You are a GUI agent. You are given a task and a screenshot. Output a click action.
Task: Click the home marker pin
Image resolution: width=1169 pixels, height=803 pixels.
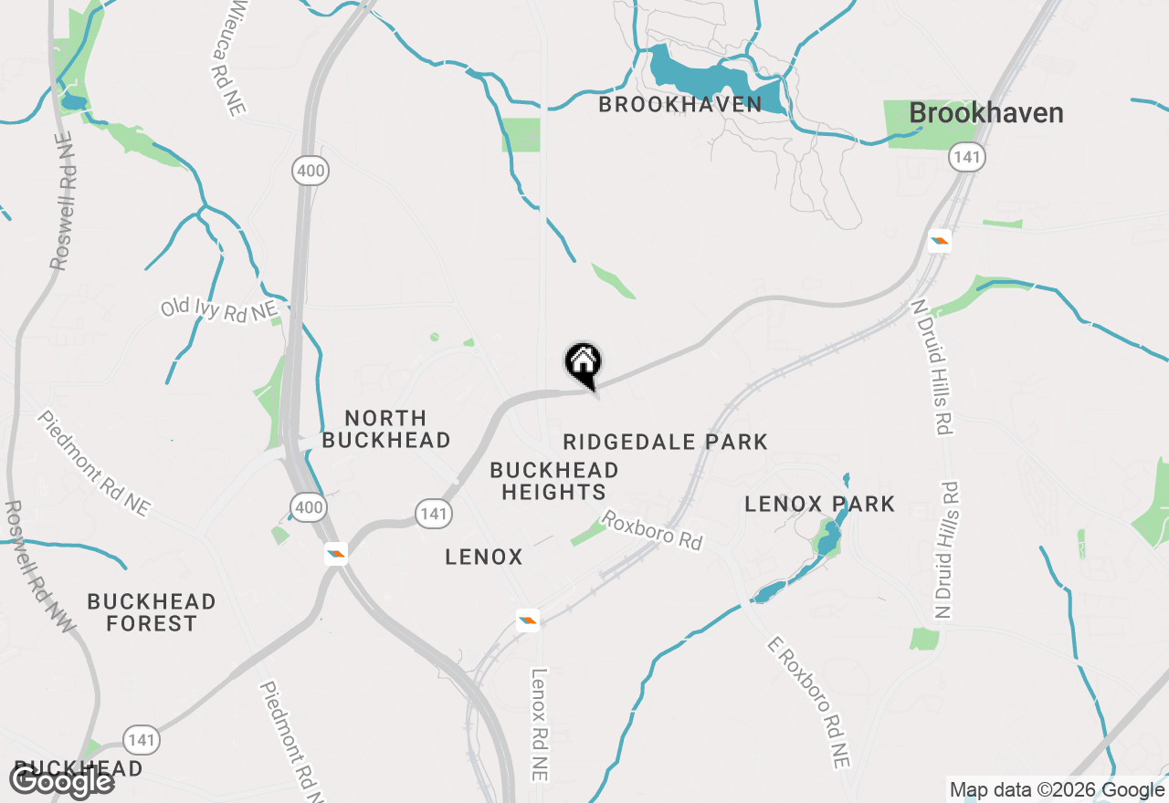tap(583, 364)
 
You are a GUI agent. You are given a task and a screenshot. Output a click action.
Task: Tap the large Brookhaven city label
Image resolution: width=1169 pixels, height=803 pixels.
tap(986, 113)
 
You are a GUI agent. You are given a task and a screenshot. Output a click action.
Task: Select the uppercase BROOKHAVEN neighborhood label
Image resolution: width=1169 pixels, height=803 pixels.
tap(679, 104)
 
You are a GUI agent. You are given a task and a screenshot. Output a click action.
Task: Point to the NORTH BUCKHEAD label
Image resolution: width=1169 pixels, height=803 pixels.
tap(386, 429)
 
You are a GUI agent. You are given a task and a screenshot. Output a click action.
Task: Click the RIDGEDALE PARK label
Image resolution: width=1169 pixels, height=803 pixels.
tap(665, 443)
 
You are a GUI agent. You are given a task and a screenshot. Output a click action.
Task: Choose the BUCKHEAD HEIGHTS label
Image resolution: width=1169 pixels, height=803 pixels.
tap(553, 481)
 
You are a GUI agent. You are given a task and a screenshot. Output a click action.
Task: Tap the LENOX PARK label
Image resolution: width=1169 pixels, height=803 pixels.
tap(819, 504)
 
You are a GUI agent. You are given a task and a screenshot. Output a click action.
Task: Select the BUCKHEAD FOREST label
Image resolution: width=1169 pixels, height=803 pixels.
tap(152, 612)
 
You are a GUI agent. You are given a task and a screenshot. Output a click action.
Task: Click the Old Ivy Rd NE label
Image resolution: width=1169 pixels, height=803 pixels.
tap(218, 309)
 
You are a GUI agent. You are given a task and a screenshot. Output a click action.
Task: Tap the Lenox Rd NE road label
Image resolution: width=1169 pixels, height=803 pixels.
tap(540, 725)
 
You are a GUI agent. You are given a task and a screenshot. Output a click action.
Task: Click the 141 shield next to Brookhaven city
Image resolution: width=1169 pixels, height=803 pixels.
tap(966, 156)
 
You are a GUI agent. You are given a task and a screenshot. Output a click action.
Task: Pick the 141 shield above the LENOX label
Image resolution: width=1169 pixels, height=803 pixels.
tap(433, 513)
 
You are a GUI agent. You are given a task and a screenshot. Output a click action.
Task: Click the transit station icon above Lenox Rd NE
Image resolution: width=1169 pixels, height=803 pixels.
tap(527, 620)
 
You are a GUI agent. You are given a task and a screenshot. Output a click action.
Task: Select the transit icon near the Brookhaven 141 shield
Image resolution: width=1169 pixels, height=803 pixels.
tap(940, 241)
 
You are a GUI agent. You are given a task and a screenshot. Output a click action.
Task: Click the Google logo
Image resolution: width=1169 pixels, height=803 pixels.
tap(61, 781)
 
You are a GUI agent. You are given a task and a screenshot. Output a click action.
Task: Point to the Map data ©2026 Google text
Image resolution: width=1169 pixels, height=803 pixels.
tap(1057, 790)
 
